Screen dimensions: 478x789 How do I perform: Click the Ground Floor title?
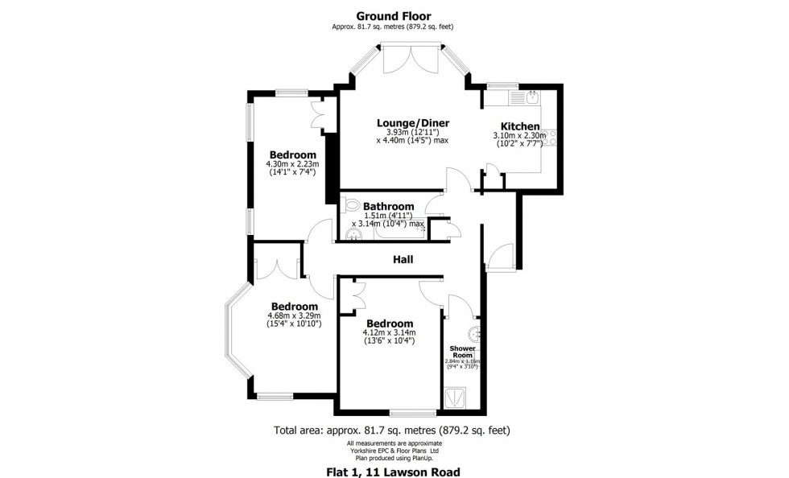[394, 15]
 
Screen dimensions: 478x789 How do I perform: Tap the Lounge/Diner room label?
[413, 123]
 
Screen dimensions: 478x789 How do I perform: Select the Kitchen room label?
[519, 126]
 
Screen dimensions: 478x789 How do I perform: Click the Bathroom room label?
[388, 206]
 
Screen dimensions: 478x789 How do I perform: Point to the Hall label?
[403, 259]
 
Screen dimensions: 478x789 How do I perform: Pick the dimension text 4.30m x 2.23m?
[292, 164]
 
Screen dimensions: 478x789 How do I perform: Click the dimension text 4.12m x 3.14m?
[388, 332]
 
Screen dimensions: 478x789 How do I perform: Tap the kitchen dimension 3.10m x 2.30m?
[519, 136]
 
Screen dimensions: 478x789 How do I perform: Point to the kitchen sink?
[532, 98]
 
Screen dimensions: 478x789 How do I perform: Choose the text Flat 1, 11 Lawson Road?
[394, 471]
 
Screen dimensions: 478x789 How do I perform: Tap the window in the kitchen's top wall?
[502, 85]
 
